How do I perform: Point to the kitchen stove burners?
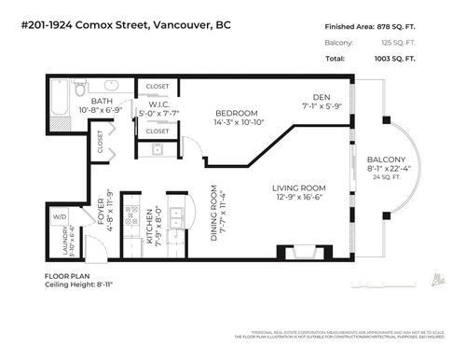tap(130, 210)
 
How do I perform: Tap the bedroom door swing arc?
tap(190, 147)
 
